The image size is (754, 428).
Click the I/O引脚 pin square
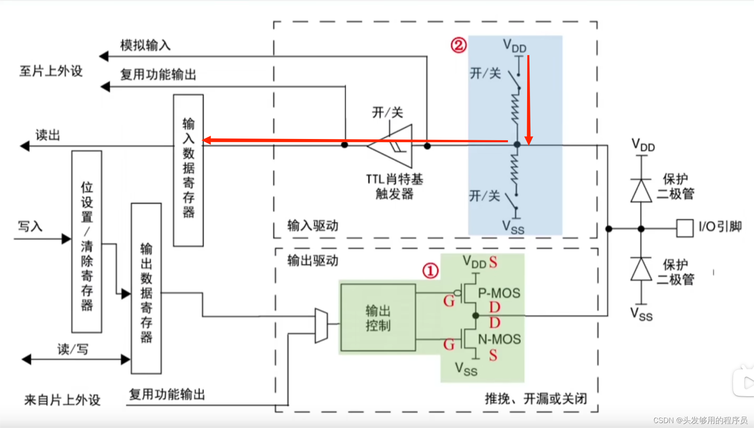685,228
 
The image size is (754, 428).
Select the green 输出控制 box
378,318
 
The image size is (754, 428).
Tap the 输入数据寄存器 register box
188,170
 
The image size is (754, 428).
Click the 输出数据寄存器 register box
146,288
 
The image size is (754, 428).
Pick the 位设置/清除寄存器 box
87,242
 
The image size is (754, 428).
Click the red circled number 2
458,45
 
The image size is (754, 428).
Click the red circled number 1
430,271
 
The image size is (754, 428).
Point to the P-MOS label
499,293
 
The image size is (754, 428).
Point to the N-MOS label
499,339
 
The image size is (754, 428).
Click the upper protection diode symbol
641,191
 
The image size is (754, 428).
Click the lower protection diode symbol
641,269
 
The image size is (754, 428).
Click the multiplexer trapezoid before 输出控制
321,325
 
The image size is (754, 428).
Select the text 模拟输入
145,45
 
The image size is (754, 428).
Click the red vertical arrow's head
529,141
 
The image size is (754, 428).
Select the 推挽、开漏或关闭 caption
536,399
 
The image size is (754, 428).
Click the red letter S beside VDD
493,262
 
